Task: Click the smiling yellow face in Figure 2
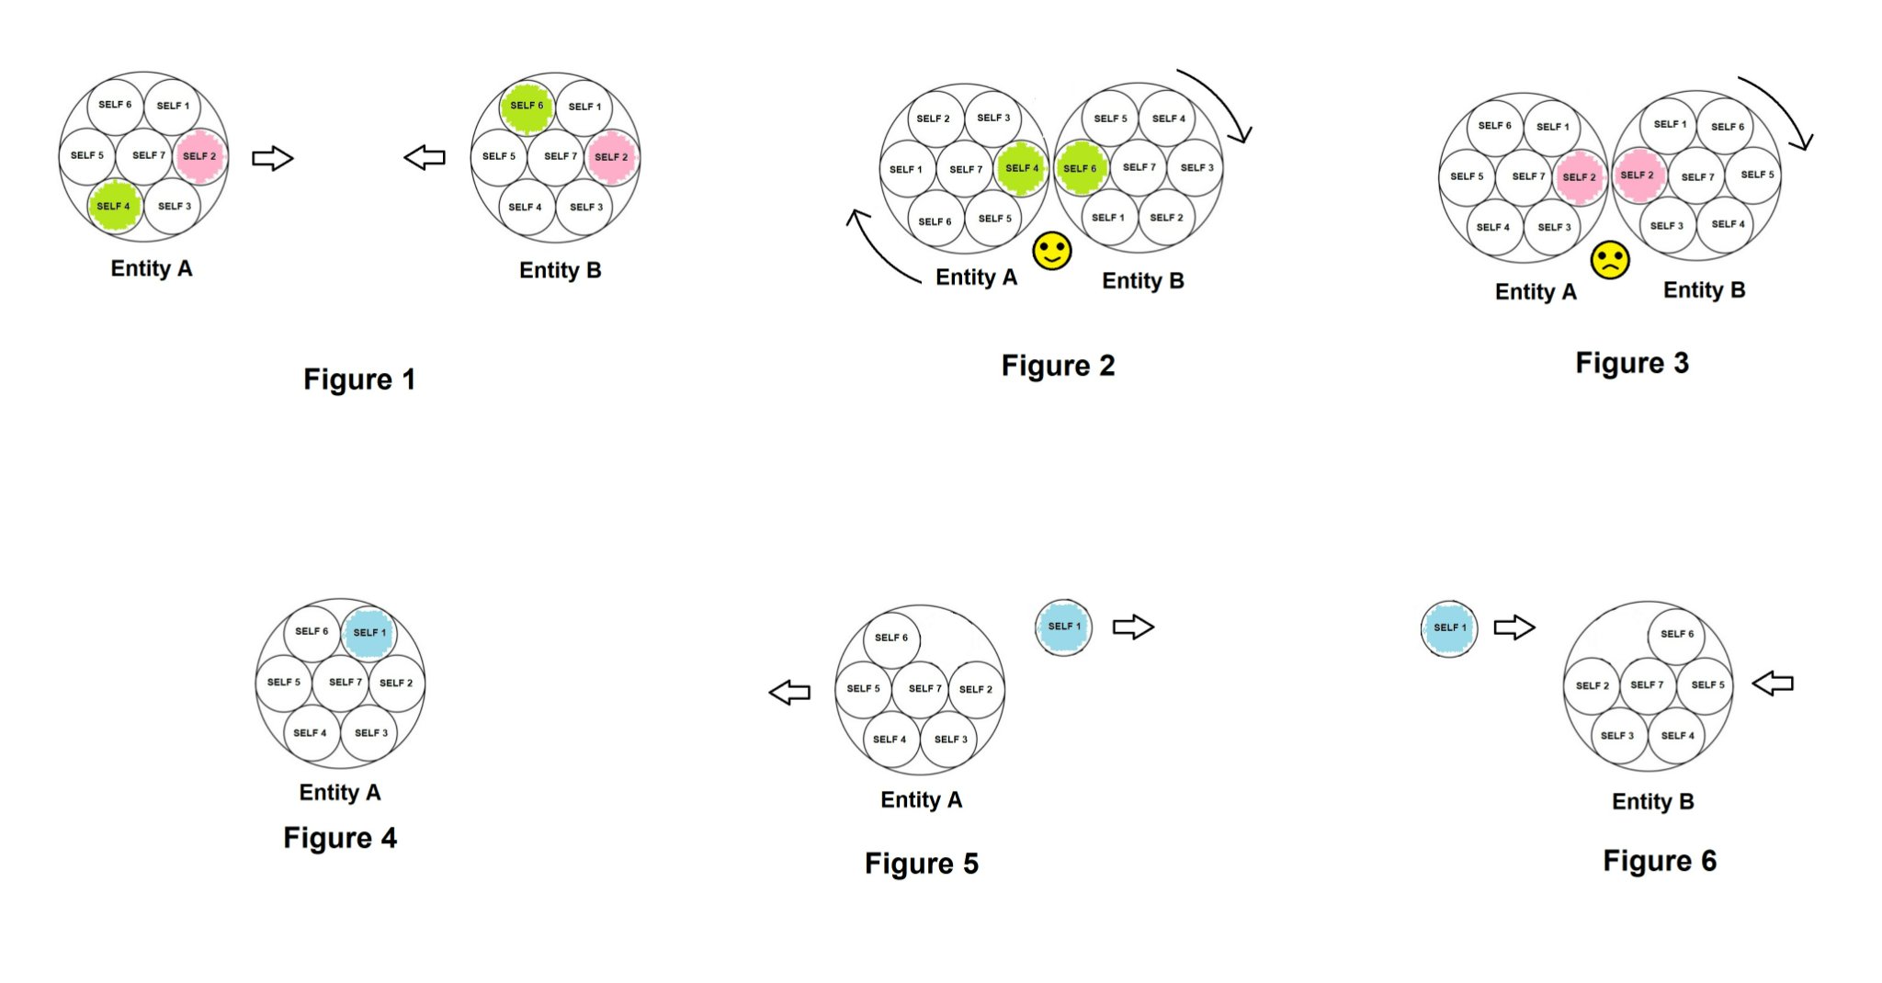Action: click(x=1052, y=251)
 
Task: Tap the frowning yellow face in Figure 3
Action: click(x=1610, y=260)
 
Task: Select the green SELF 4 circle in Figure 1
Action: click(x=115, y=206)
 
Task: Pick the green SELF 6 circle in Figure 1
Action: click(x=527, y=106)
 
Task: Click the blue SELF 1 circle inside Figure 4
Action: click(x=369, y=632)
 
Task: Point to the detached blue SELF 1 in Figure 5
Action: click(x=1064, y=627)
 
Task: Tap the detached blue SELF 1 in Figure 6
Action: click(x=1449, y=628)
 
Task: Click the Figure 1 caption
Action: click(x=359, y=379)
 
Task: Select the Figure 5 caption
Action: click(x=922, y=864)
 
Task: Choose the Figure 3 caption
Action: click(x=1632, y=363)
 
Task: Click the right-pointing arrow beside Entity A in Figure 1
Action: click(x=273, y=158)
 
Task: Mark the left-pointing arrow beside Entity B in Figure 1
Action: click(x=425, y=157)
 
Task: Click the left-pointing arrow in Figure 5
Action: click(x=789, y=692)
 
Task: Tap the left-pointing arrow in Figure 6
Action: click(x=1773, y=684)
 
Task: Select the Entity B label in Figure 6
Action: click(x=1653, y=801)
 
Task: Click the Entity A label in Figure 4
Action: click(x=340, y=792)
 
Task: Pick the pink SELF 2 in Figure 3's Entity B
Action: click(x=1638, y=175)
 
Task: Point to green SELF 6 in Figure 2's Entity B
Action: click(x=1081, y=168)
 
